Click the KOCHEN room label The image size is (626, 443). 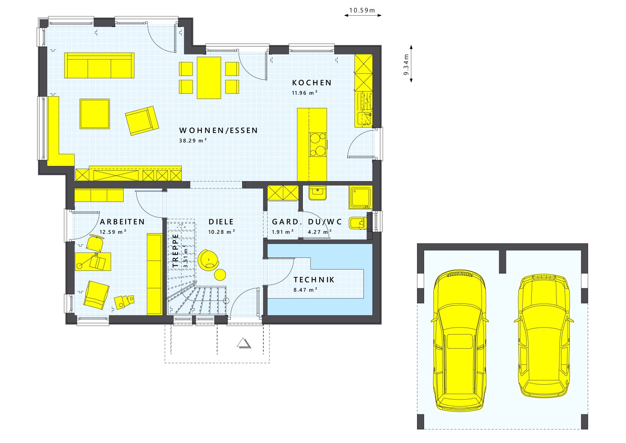312,83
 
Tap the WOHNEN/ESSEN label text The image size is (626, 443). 218,130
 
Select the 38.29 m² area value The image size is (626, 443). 193,140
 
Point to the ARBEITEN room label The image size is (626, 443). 122,222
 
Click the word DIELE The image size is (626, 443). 221,222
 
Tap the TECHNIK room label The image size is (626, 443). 314,280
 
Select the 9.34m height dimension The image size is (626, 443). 406,65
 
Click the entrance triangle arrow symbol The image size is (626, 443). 243,343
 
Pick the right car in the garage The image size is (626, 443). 544,336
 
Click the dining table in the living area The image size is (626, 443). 209,78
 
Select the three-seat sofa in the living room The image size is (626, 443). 99,65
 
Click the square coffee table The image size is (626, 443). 95,113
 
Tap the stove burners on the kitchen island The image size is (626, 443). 317,144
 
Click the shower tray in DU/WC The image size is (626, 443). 360,198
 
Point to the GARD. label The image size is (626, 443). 287,222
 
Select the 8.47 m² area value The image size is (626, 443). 305,290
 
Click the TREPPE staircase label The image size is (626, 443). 176,250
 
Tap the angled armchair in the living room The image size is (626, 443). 142,121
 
